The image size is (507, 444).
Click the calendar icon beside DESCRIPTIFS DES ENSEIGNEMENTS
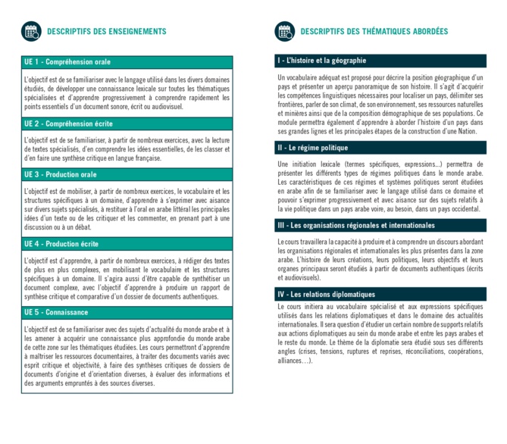pos(31,31)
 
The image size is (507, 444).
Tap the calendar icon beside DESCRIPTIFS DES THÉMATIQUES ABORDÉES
pos(285,31)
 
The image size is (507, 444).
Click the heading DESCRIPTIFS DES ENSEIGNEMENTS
pos(106,32)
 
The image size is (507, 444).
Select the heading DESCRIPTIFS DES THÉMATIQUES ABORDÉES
pos(374,32)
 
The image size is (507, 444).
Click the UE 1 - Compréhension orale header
pos(67,62)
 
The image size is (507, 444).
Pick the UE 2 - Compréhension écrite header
pos(68,123)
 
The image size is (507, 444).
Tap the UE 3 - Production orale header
pos(61,175)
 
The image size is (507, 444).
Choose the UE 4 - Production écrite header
pos(61,244)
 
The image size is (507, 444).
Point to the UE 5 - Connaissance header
pos(56,312)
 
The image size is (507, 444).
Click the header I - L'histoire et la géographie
pos(322,61)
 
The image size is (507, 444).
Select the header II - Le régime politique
pos(313,148)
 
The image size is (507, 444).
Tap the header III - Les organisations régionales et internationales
pos(356,226)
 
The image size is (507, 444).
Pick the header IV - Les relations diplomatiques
pos(327,294)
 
